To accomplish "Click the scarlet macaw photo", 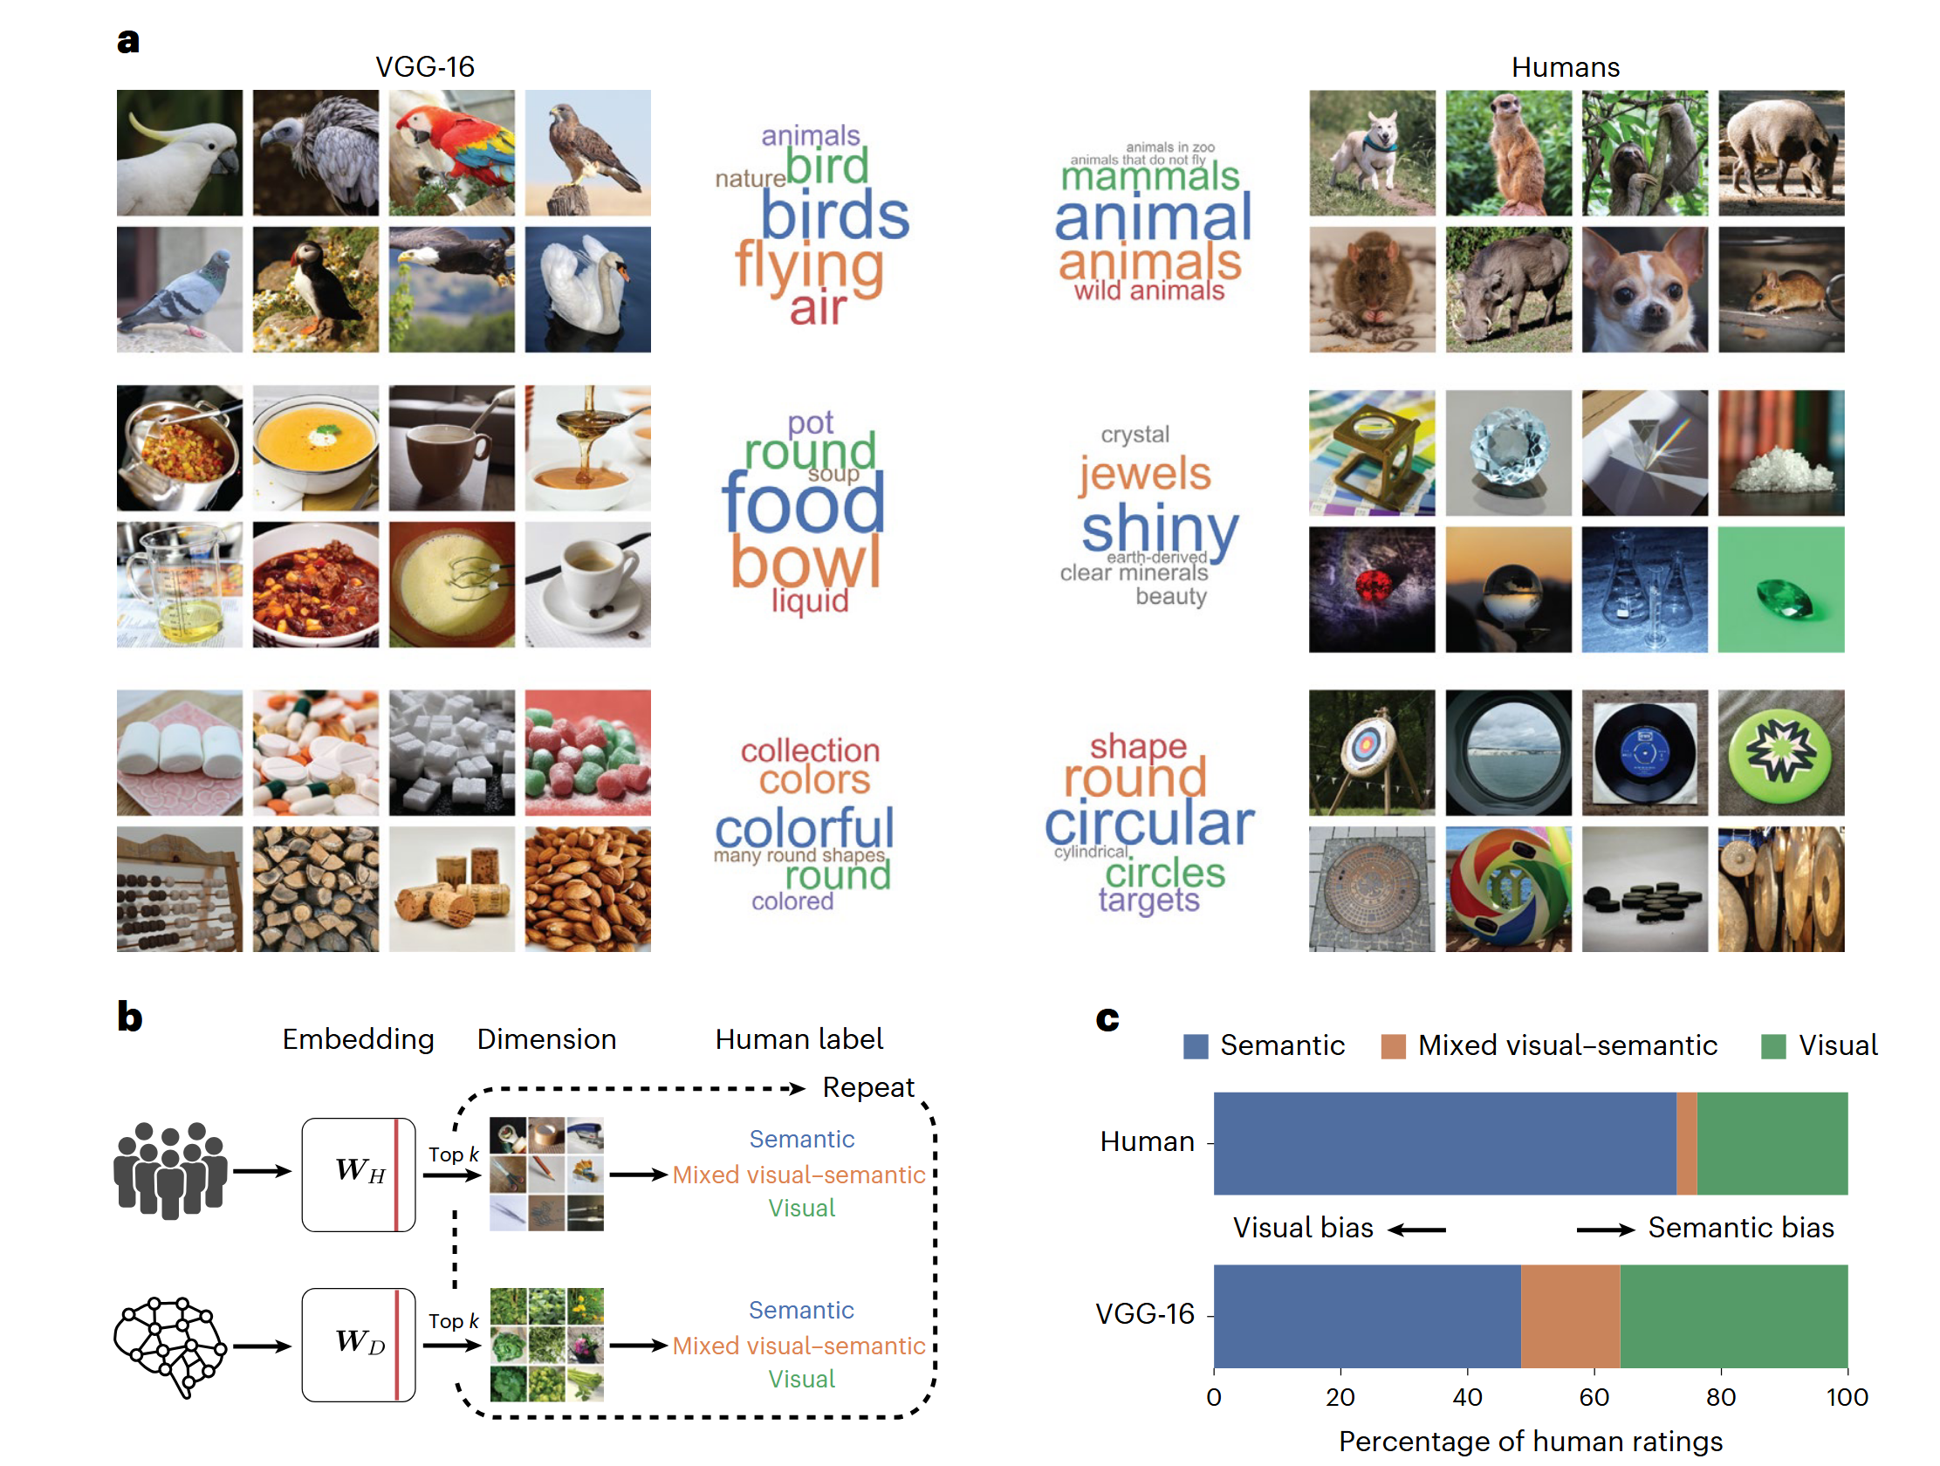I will [452, 153].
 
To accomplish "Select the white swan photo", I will [587, 290].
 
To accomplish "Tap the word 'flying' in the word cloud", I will [809, 265].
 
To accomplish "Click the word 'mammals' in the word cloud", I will [1150, 177].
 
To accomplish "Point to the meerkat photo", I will [1508, 153].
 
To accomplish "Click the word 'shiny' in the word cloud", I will [1159, 529].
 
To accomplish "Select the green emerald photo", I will [1779, 589].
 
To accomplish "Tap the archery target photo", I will [1372, 752].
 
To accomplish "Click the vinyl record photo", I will [1643, 752].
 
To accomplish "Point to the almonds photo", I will [587, 888].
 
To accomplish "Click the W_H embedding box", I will [358, 1174].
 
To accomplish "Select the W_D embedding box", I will [358, 1344].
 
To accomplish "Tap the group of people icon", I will [170, 1170].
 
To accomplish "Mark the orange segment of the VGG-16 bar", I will [1570, 1315].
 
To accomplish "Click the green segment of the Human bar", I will [1772, 1142].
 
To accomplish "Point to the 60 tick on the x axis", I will [1594, 1395].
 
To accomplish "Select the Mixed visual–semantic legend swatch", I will [1393, 1045].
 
